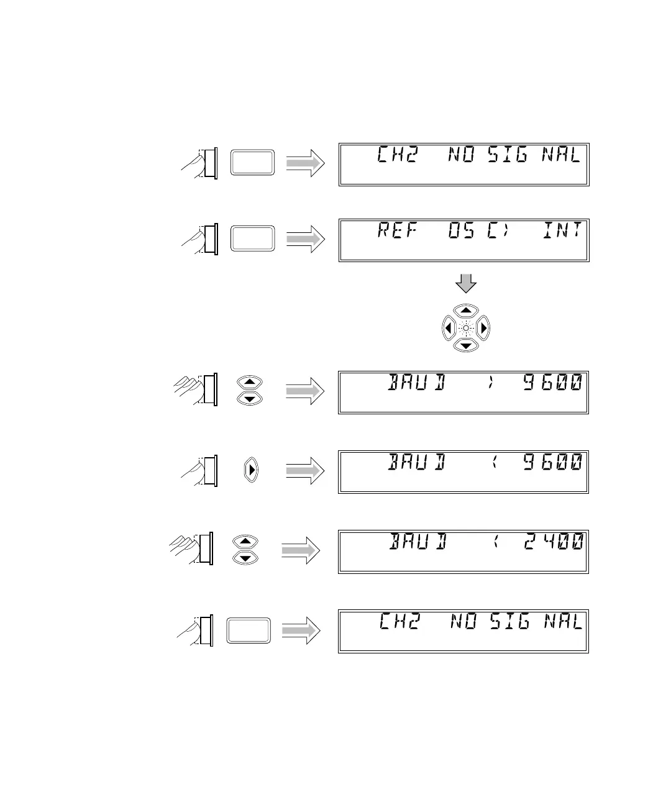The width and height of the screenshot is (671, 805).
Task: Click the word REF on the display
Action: pos(396,231)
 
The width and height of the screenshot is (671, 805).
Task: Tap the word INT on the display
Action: pos(562,231)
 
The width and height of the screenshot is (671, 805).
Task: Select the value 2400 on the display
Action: pos(553,542)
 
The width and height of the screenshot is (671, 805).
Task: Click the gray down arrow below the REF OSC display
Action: pos(466,284)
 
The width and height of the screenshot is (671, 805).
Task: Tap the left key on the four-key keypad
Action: pos(447,327)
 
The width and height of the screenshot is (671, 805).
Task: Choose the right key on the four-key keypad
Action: pos(484,327)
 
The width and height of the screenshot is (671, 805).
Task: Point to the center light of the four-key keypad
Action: pos(466,327)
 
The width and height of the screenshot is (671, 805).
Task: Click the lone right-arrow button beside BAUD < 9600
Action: pos(251,470)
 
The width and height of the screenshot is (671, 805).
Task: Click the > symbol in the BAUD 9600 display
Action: pos(491,383)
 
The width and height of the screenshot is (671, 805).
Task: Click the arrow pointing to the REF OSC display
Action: pos(305,239)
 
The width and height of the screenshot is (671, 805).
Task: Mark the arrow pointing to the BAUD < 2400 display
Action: pos(301,550)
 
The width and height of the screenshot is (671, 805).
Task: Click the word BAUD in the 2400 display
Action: pos(418,542)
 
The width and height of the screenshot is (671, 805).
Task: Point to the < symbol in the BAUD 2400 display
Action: pos(496,542)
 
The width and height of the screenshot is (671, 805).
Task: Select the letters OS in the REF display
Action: pos(462,231)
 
